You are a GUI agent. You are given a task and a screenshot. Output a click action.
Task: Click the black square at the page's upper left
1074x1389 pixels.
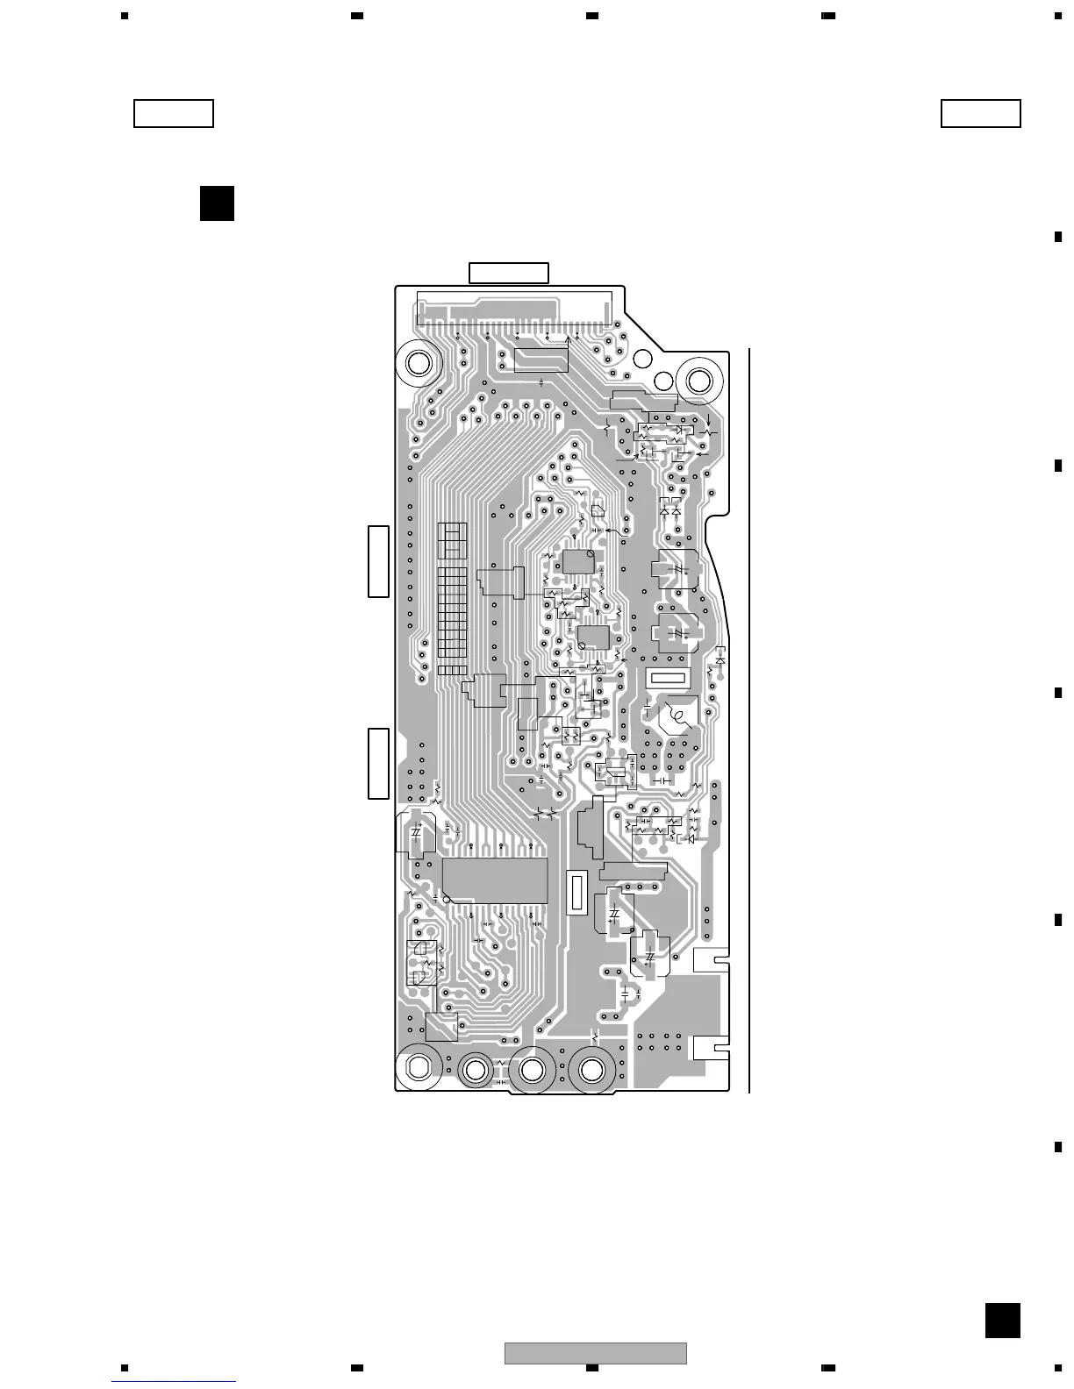tap(217, 203)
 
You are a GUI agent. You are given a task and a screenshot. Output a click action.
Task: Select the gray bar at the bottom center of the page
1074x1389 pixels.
tap(595, 1354)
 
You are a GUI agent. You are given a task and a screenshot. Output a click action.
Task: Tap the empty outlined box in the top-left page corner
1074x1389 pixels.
tap(174, 114)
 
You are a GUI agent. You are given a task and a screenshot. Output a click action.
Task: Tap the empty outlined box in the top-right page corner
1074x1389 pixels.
tap(981, 114)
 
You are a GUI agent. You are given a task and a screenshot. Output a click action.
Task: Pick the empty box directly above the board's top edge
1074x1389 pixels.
tap(509, 273)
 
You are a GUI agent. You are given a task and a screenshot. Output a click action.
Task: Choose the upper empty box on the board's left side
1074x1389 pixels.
tap(378, 561)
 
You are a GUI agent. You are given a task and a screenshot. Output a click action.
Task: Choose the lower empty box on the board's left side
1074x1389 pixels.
tap(378, 763)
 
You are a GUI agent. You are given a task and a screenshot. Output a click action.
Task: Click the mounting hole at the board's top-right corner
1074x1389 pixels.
tap(700, 381)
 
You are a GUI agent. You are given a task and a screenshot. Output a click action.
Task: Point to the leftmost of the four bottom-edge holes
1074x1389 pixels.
tap(418, 1066)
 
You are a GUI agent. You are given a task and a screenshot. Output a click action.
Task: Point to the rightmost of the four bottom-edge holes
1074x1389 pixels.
tap(591, 1070)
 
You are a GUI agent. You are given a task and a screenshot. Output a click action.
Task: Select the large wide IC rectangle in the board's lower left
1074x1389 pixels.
tap(495, 880)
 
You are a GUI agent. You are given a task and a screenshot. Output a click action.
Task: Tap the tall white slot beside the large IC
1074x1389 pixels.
tap(576, 894)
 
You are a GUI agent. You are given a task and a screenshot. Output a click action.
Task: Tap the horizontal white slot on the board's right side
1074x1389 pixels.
tap(668, 678)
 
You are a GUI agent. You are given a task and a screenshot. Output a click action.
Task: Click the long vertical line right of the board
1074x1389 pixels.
tap(750, 719)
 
